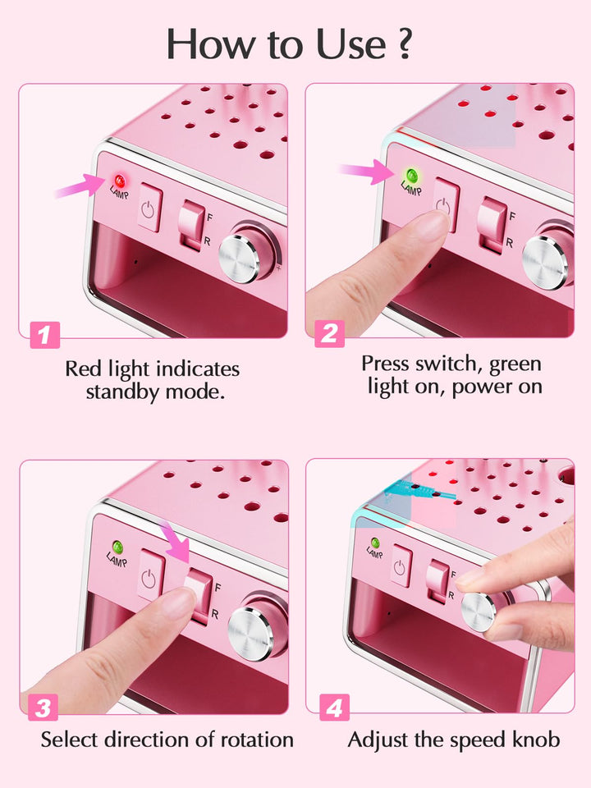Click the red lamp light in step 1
(119, 180)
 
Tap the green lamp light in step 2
(410, 175)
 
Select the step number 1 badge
(45, 334)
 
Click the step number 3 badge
(45, 708)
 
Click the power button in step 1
(149, 209)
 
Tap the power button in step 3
(148, 577)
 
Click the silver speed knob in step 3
(250, 630)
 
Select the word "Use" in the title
(344, 44)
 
